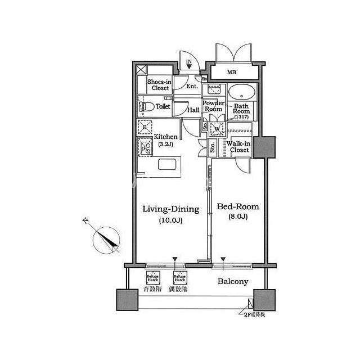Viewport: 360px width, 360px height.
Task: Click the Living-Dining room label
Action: coord(170,209)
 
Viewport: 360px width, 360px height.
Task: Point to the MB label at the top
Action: coord(232,73)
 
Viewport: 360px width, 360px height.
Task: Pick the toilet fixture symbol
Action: coord(145,106)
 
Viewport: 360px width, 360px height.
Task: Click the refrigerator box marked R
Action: coord(145,128)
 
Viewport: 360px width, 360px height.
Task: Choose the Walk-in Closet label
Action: coord(239,147)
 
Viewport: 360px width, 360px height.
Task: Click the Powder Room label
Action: coord(214,107)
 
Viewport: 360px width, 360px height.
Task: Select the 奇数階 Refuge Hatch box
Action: coord(152,277)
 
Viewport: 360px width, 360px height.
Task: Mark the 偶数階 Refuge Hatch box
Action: coord(180,277)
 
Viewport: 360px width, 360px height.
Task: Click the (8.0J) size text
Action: coord(237,216)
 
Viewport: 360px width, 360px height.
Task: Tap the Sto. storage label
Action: coord(213,149)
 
